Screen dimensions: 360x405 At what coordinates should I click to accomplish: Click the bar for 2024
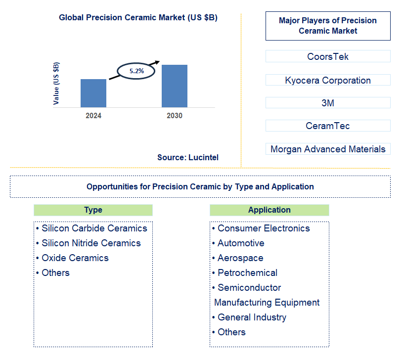93,93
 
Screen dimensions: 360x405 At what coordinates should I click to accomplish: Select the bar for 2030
175,86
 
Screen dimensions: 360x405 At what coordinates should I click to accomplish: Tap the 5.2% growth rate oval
136,71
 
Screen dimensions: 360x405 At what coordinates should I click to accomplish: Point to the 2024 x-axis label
93,116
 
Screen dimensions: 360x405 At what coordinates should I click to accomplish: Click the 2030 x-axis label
175,116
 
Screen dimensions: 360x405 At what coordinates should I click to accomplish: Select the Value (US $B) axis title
56,83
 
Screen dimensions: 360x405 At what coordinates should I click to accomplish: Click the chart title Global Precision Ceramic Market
138,18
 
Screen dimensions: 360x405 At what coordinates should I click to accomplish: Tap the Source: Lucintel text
188,157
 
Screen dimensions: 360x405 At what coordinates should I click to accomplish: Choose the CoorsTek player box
328,56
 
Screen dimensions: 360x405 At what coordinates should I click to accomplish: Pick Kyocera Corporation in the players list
328,80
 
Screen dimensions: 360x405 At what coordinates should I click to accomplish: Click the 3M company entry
328,103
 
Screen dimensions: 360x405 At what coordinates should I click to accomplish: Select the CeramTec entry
328,126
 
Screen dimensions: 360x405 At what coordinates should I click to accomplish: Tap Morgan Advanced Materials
328,149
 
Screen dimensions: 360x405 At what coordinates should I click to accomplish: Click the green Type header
93,210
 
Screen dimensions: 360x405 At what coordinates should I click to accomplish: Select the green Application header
269,210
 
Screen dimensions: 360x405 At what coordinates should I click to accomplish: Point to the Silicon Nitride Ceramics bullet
91,243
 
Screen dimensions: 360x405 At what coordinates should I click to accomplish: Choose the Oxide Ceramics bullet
75,258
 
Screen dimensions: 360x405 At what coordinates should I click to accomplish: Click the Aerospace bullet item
240,258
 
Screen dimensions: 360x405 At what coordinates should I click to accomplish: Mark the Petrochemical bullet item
247,272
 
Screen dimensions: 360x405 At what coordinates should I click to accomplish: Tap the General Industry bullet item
252,317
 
